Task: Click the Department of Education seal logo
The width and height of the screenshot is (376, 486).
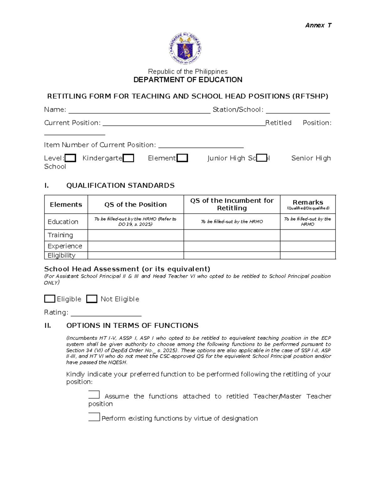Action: [x=185, y=49]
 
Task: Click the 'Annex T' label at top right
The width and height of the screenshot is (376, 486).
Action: [x=318, y=25]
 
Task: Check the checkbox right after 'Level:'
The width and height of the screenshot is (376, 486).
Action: [x=70, y=158]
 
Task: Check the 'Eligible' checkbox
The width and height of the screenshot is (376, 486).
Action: [x=50, y=299]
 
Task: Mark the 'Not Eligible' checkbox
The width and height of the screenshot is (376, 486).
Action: [x=91, y=299]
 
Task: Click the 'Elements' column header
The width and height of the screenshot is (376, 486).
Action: [x=66, y=205]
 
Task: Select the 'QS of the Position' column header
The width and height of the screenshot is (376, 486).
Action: [x=135, y=205]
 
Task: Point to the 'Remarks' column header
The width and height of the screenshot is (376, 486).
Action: [x=308, y=202]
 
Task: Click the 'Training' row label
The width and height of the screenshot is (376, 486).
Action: [x=60, y=235]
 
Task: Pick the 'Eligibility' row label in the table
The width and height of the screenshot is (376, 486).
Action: [x=61, y=255]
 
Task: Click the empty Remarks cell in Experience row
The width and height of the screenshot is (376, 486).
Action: [x=308, y=246]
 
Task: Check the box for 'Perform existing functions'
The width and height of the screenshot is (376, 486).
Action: [x=94, y=417]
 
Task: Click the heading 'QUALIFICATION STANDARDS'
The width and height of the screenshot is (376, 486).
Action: [x=120, y=186]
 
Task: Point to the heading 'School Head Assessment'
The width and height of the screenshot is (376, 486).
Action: [x=127, y=269]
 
